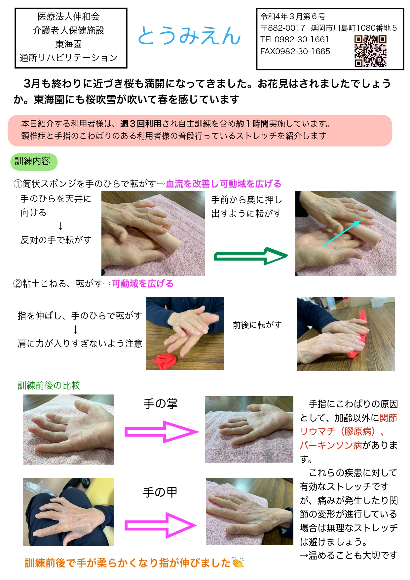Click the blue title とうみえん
(189, 36)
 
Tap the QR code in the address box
(370, 51)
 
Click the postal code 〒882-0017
(282, 28)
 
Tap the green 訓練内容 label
(34, 162)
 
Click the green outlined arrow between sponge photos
(251, 256)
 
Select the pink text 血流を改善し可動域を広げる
(223, 184)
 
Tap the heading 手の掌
(161, 404)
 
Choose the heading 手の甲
(160, 492)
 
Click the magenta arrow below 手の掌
(162, 432)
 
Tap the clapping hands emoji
(238, 562)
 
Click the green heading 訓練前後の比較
(49, 386)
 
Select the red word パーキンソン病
(331, 445)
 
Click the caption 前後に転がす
(257, 325)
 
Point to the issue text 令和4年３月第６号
(293, 16)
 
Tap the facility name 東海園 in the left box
(68, 44)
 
